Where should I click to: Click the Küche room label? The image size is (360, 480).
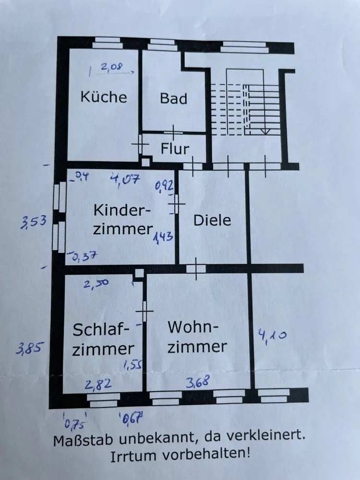(x=104, y=97)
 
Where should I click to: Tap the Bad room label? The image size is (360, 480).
(x=173, y=99)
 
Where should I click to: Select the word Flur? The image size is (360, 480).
(x=175, y=149)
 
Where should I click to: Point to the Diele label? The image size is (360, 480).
(x=212, y=220)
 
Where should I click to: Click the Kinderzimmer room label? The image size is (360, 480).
(x=122, y=219)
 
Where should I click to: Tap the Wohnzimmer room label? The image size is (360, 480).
(x=197, y=337)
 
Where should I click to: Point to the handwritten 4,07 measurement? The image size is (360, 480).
(x=124, y=180)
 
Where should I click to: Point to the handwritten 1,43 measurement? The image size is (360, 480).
(x=163, y=238)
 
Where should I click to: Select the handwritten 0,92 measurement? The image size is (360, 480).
(x=164, y=184)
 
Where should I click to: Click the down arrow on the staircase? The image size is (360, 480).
(x=264, y=130)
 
